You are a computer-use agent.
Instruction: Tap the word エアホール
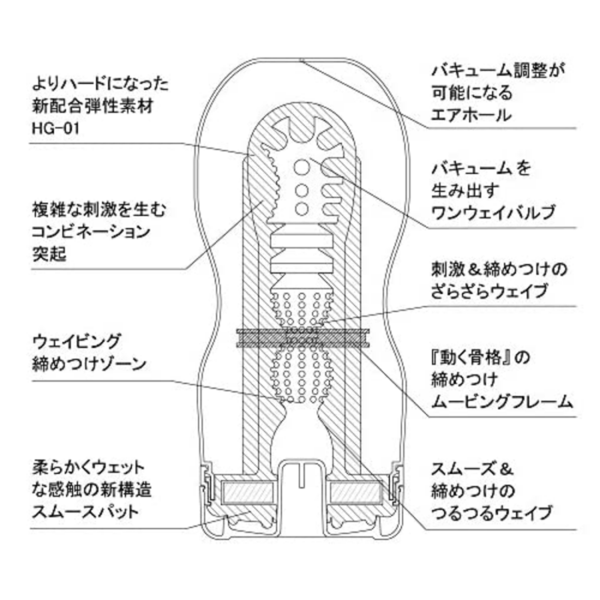pos(469,114)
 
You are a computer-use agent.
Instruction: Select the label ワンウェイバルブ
pos(492,211)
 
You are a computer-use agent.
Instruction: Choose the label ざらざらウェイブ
pos(489,291)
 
